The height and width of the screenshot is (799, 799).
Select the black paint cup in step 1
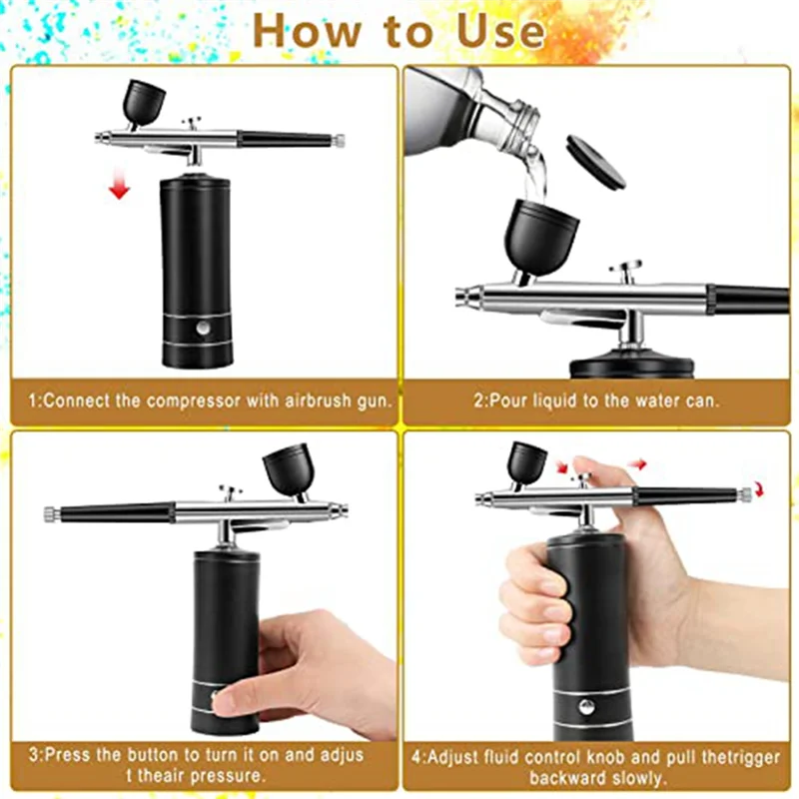(x=145, y=100)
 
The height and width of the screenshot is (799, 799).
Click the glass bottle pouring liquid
(x=474, y=110)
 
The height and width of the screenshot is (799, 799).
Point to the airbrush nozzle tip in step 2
(x=461, y=296)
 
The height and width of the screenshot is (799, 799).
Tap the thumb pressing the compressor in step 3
(x=240, y=695)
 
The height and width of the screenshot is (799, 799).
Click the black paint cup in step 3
(x=287, y=470)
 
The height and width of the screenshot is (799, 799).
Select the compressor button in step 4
(x=586, y=706)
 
